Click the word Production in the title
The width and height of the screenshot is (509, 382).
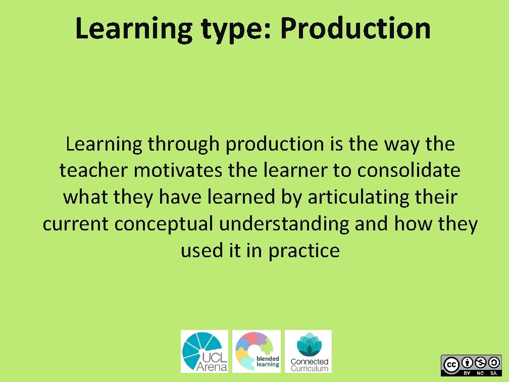(355, 28)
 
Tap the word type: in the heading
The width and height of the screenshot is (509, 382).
(236, 29)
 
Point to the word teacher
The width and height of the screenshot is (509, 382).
(94, 171)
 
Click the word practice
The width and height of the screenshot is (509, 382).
(304, 251)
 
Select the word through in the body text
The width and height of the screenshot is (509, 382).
(184, 145)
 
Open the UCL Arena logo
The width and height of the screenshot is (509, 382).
(205, 351)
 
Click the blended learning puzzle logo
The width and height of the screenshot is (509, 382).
(257, 351)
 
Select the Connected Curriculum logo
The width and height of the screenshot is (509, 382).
(309, 351)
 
